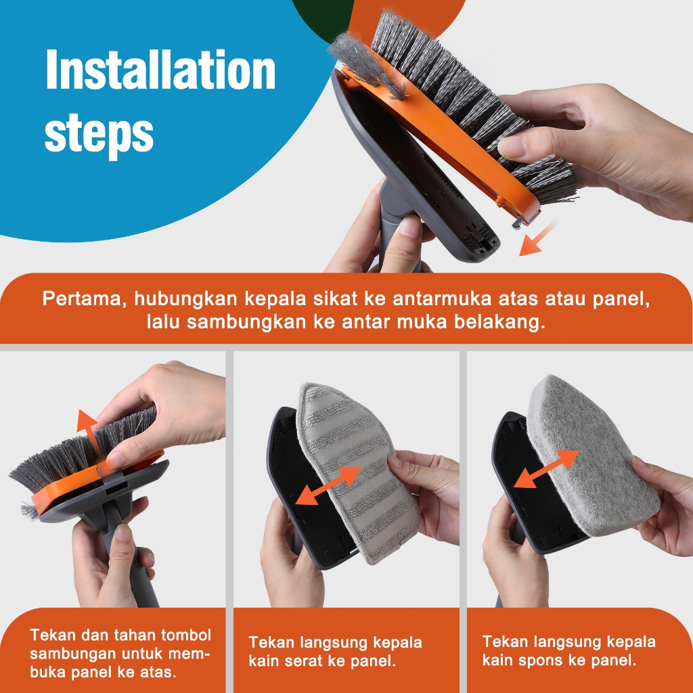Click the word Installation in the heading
[x=160, y=70]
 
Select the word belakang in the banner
[x=499, y=321]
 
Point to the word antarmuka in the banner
[x=441, y=298]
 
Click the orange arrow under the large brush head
[x=537, y=239]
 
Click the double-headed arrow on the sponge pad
[x=547, y=469]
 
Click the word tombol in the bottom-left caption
[x=186, y=635]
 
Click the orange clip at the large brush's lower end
[x=525, y=215]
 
